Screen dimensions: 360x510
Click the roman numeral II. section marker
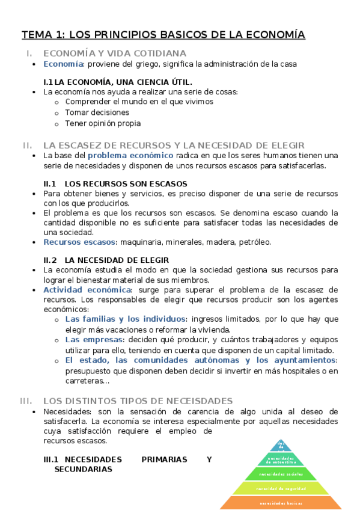pos(27,145)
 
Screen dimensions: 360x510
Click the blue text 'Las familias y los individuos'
pos(126,319)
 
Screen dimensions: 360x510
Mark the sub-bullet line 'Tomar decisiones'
pos(97,112)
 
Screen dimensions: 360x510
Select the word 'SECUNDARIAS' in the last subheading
pos(83,469)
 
